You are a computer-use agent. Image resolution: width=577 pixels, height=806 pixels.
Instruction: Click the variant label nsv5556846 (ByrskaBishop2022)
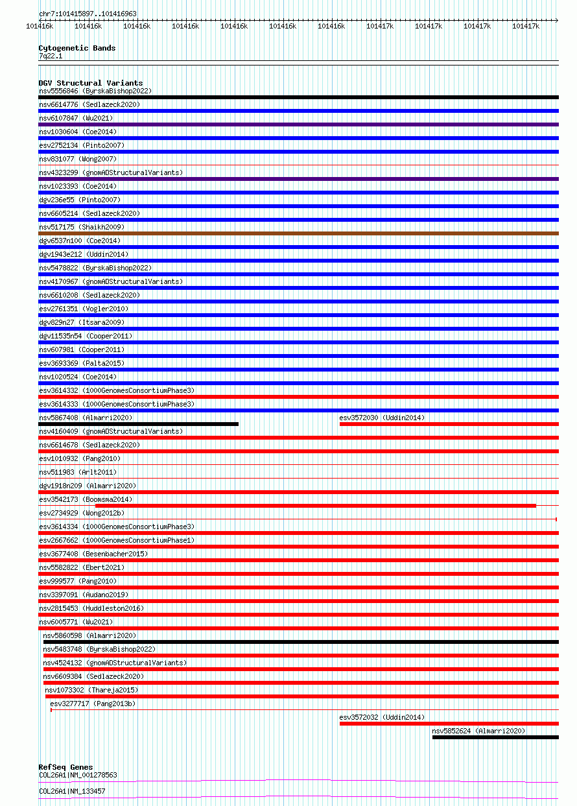(95, 91)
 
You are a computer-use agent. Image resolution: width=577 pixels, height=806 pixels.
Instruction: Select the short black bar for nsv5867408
(138, 424)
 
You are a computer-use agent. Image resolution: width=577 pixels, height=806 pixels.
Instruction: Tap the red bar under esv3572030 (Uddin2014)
(449, 424)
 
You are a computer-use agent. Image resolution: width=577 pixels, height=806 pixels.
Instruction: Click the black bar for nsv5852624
(495, 737)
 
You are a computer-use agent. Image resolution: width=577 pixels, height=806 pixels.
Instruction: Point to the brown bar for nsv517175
(298, 233)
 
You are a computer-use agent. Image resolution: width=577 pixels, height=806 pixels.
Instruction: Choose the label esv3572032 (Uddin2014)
(382, 717)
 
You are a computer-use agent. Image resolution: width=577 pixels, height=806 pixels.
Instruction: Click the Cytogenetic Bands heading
(77, 48)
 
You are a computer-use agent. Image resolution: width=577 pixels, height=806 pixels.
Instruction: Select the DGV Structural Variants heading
(90, 83)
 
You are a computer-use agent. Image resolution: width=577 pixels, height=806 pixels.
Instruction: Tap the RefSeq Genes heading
(65, 767)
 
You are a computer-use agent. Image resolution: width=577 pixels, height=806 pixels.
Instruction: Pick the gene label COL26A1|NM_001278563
(78, 775)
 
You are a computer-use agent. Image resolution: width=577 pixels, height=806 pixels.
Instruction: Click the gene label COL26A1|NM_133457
(72, 791)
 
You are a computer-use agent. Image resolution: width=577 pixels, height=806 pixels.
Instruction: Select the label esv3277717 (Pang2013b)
(93, 704)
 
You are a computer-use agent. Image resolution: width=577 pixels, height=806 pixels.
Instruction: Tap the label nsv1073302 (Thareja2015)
(91, 690)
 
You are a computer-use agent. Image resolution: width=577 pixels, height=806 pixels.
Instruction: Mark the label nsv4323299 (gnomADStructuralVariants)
(111, 172)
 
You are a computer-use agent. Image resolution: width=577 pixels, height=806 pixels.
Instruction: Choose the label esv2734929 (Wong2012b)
(82, 513)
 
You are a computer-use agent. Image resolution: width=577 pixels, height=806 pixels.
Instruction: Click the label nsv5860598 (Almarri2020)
(89, 635)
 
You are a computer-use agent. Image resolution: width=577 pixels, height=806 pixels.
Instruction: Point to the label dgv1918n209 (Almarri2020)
(88, 486)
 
